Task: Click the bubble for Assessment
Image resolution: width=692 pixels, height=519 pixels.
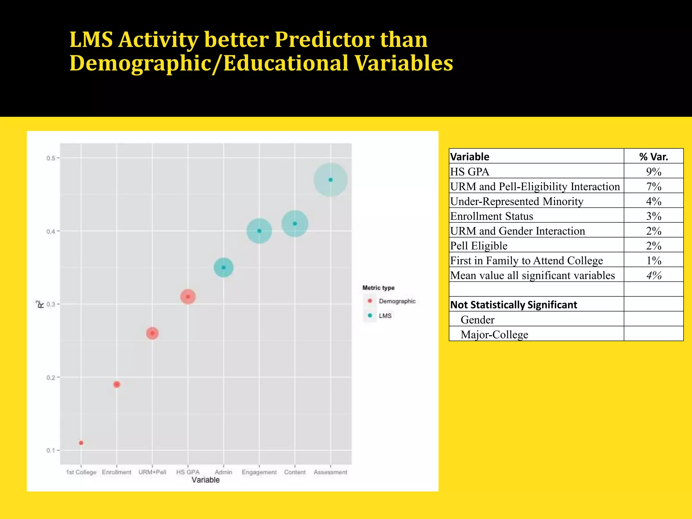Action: (330, 180)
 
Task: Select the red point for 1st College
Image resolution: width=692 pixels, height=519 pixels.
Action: (81, 443)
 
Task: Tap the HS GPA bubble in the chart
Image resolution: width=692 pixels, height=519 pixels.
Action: (188, 297)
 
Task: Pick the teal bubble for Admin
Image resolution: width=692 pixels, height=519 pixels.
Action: (223, 267)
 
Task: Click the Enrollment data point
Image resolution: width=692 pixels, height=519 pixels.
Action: (117, 384)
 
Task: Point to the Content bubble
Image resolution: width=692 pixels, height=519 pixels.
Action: (295, 223)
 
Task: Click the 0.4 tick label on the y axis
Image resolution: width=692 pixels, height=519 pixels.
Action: (51, 231)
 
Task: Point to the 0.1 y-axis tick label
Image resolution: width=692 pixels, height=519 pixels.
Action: (51, 450)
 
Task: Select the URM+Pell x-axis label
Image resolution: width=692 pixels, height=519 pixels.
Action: (152, 472)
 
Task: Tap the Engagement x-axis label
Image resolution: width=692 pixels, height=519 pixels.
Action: (259, 472)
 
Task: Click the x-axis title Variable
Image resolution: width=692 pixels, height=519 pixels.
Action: (205, 480)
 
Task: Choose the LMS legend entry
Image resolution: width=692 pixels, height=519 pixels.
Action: (385, 316)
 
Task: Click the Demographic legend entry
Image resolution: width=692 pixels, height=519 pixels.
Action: (397, 301)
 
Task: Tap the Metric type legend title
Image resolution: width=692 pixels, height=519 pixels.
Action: (378, 288)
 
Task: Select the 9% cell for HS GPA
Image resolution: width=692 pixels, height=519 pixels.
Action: (653, 172)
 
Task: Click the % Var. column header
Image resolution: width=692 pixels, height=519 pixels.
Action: (653, 157)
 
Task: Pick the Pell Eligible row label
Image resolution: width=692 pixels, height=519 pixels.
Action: (479, 246)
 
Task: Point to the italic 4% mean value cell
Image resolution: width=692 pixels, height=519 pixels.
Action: (653, 275)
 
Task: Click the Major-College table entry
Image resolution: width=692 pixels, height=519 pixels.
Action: (494, 335)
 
